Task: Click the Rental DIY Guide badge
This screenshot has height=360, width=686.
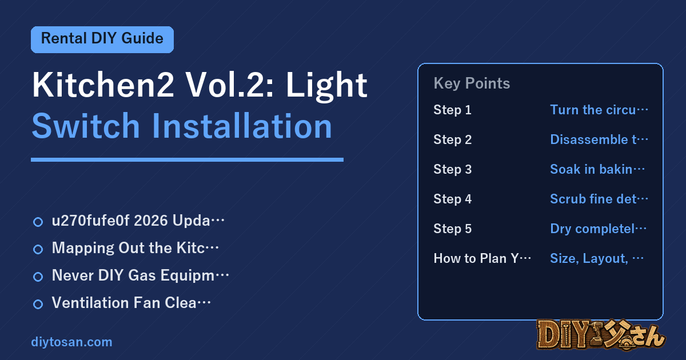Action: click(x=102, y=39)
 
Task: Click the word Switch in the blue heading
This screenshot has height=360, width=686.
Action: click(x=86, y=126)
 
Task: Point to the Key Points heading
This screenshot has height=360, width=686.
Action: click(x=472, y=83)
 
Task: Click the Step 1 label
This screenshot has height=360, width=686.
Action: click(x=452, y=110)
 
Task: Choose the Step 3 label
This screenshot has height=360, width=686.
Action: click(x=452, y=169)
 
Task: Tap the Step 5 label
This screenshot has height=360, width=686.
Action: click(x=452, y=229)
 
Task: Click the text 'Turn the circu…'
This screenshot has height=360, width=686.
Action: click(x=599, y=110)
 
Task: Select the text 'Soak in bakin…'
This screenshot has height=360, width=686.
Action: click(x=597, y=169)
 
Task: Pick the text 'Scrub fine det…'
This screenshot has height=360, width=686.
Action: click(x=599, y=199)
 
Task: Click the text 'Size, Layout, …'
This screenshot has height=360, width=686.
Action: click(x=597, y=258)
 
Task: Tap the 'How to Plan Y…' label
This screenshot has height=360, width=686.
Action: click(x=482, y=258)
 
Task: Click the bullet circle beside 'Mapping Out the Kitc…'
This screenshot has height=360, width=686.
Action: click(x=38, y=249)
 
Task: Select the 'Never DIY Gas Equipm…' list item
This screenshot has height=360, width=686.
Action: click(x=131, y=275)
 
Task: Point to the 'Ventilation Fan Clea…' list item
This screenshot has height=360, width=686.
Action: click(x=122, y=303)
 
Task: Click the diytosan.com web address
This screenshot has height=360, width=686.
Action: click(x=71, y=342)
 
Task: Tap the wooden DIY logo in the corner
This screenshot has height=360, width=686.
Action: click(x=601, y=335)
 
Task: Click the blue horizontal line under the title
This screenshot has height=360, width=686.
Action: click(x=187, y=160)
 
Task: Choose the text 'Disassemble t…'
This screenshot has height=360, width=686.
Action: click(x=599, y=139)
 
